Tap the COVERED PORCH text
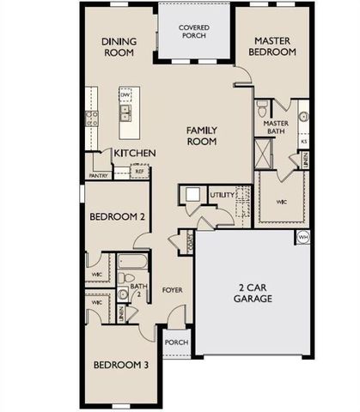pyautogui.click(x=195, y=33)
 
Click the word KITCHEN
pyautogui.click(x=136, y=153)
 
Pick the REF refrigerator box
pyautogui.click(x=140, y=172)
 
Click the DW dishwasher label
pyautogui.click(x=124, y=96)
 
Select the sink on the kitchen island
pyautogui.click(x=126, y=110)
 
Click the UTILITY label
pyautogui.click(x=221, y=196)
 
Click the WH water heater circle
pyautogui.click(x=302, y=236)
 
